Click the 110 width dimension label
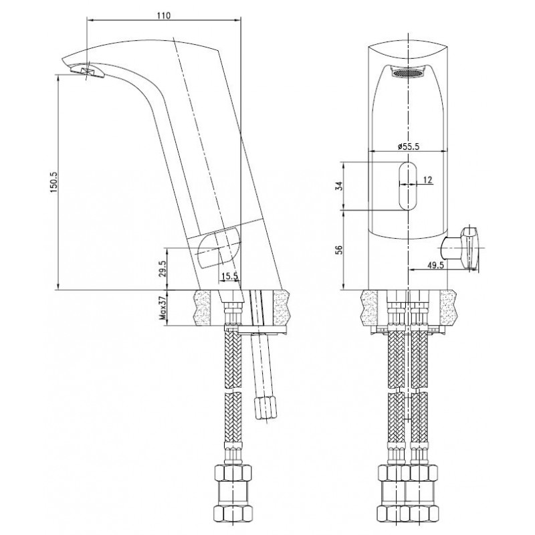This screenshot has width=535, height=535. click(x=164, y=15)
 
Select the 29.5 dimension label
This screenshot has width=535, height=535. click(x=163, y=269)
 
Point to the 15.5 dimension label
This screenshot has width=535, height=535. click(x=229, y=276)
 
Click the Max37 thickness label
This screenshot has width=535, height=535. click(x=163, y=308)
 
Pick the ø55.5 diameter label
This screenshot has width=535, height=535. click(x=409, y=146)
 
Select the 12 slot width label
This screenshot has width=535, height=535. click(x=428, y=180)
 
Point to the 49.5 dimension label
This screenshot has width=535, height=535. click(x=435, y=265)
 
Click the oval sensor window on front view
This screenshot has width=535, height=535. click(x=409, y=187)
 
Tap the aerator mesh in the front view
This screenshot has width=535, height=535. click(x=409, y=73)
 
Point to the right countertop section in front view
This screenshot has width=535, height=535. click(x=448, y=308)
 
